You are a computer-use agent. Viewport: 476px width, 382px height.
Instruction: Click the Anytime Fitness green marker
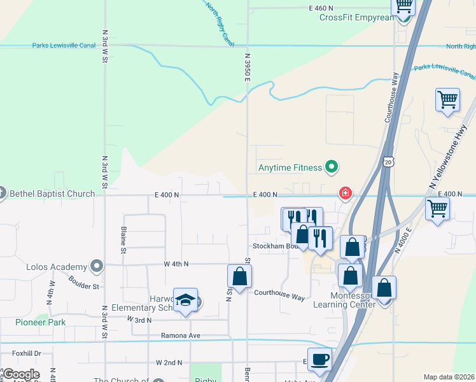coord(331,168)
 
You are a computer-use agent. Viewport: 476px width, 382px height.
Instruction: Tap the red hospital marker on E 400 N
coord(346,192)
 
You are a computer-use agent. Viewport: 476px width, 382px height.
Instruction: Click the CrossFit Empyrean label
coord(356,17)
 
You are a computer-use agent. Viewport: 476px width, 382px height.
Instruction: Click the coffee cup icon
coord(319,358)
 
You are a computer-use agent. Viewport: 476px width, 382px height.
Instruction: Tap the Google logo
coord(21,374)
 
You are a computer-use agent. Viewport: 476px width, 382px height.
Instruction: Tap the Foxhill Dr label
coord(25,353)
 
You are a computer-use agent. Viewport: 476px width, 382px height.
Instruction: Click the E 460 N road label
coord(321,8)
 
